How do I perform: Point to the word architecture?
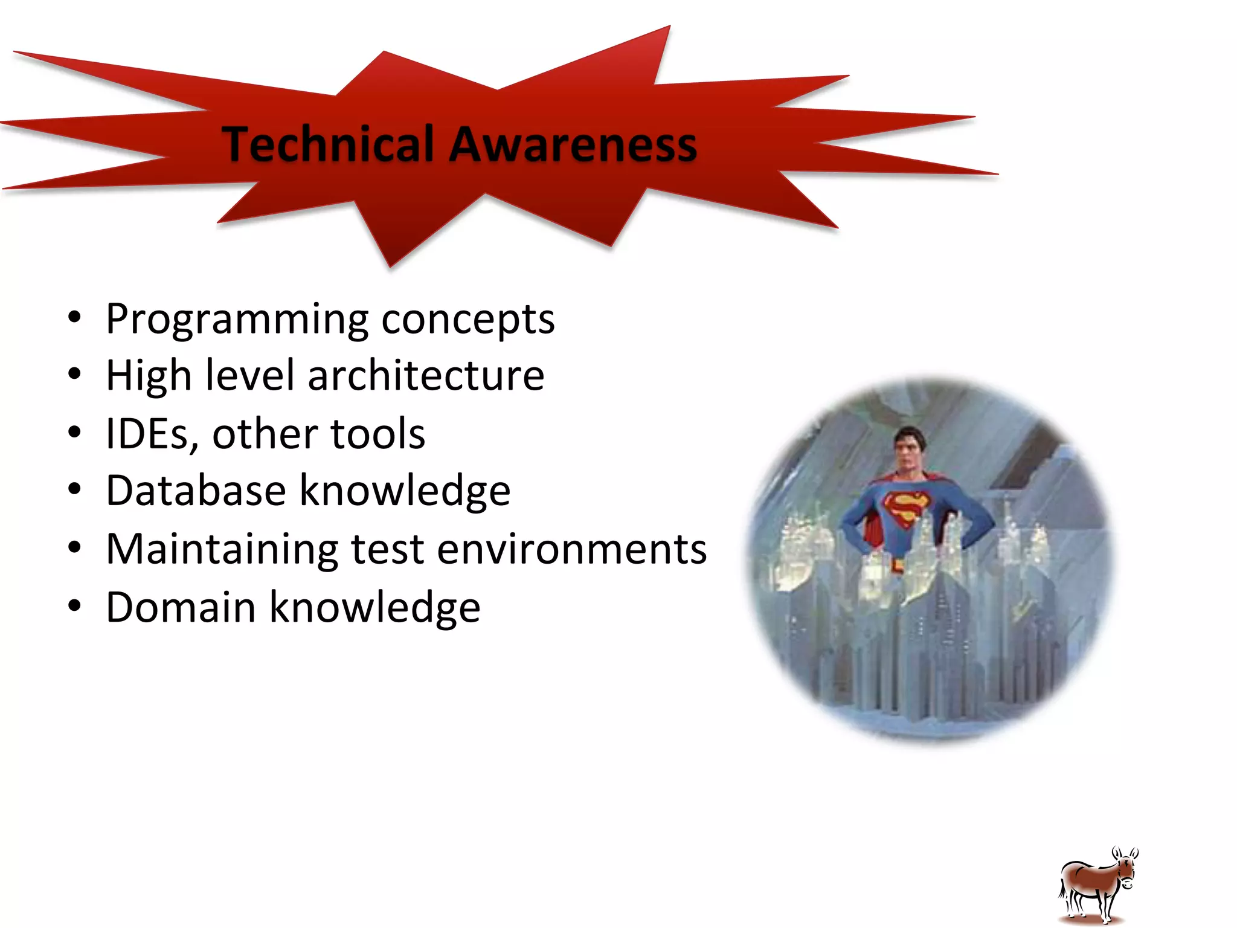point(426,376)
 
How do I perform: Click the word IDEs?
point(152,434)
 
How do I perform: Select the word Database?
point(196,490)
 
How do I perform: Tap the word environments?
point(571,549)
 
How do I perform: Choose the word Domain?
point(181,607)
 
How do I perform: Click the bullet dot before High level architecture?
point(74,375)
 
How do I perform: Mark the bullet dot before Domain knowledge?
point(74,606)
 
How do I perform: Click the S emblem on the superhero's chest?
point(905,507)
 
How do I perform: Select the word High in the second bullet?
point(149,376)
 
